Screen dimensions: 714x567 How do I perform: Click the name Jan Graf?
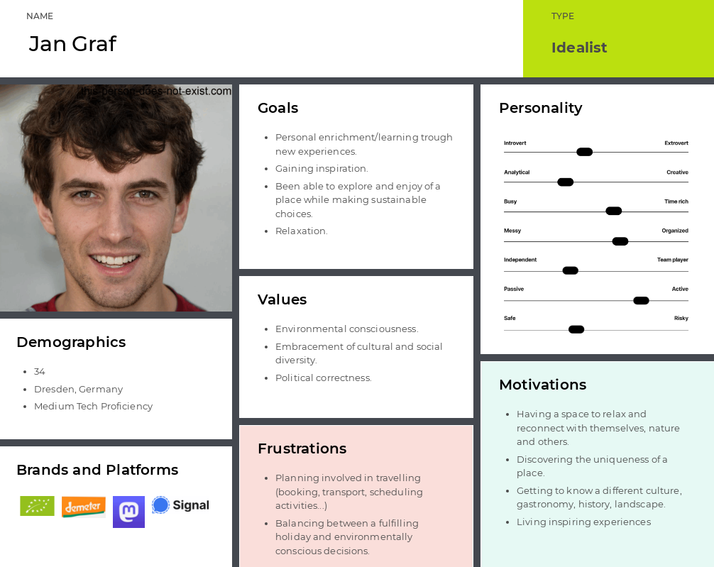(73, 44)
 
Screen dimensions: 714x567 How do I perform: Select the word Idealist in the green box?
(578, 48)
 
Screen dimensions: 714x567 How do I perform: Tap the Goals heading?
(278, 108)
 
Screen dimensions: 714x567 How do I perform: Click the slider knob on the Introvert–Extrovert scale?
(584, 152)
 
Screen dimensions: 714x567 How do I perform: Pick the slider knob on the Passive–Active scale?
(641, 301)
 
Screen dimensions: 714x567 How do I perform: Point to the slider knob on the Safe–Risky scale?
(576, 330)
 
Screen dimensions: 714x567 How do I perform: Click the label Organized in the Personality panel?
(675, 231)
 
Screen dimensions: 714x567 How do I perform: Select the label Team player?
(673, 260)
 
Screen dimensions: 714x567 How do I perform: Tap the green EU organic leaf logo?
(38, 506)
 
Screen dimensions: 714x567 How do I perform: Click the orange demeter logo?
(83, 507)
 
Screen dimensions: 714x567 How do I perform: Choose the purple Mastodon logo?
(129, 512)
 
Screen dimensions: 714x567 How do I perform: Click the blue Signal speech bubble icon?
(160, 505)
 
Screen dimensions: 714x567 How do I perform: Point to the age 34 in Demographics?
(40, 372)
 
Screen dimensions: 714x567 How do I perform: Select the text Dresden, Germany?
(78, 390)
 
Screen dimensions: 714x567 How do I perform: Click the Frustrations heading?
(302, 448)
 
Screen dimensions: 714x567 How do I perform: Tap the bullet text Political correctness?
(324, 378)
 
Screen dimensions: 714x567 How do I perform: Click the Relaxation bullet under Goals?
(302, 231)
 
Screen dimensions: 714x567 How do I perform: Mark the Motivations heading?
(543, 385)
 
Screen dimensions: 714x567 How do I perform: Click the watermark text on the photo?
(156, 91)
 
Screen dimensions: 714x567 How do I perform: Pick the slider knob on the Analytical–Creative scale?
(565, 182)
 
